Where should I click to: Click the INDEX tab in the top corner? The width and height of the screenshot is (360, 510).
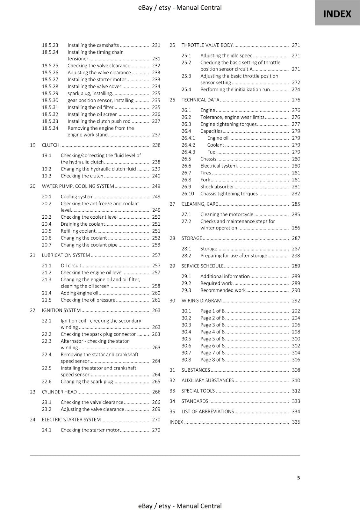click(x=337, y=14)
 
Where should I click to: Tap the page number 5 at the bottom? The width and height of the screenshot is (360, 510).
click(x=298, y=477)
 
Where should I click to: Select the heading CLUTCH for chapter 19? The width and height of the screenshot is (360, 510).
click(x=51, y=145)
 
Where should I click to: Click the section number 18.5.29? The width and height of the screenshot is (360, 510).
click(x=50, y=93)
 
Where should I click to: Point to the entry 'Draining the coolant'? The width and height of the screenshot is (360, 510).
click(x=83, y=224)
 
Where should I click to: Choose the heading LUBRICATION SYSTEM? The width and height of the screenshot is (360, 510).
click(x=66, y=255)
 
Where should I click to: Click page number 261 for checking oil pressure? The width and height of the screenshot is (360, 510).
click(x=156, y=300)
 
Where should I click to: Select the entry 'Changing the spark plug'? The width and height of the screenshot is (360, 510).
click(x=87, y=382)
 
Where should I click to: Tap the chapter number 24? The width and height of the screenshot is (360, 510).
click(x=32, y=419)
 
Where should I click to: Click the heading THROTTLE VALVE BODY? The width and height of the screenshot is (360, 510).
click(x=207, y=45)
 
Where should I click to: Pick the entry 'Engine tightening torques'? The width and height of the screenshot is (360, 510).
click(x=228, y=124)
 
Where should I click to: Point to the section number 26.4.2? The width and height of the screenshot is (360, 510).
click(x=188, y=145)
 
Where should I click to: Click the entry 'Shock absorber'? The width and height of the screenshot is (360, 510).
click(x=217, y=187)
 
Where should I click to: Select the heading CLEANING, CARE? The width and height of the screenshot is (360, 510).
click(x=200, y=204)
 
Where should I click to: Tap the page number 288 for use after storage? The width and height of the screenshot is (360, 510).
click(x=296, y=256)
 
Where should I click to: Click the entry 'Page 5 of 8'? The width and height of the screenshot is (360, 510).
click(x=212, y=339)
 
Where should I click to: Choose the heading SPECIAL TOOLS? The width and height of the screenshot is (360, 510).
click(x=198, y=391)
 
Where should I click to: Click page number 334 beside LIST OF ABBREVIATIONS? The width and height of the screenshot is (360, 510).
click(x=296, y=412)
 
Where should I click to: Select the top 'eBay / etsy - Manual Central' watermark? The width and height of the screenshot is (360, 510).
click(x=180, y=8)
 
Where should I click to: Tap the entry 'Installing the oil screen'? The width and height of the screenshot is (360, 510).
click(x=92, y=114)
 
